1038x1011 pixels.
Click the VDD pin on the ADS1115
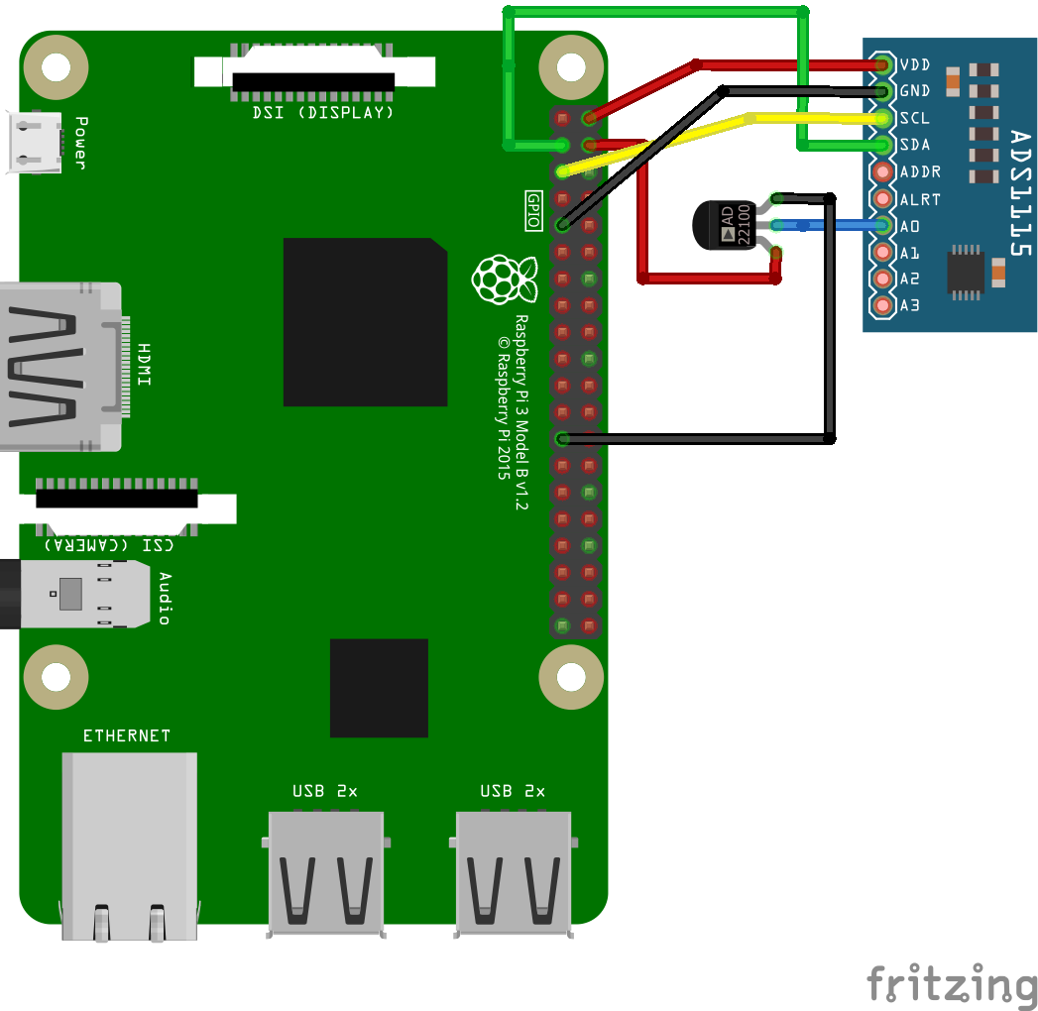coord(882,65)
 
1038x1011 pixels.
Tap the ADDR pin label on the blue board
coord(919,172)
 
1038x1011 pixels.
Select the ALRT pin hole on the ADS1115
coord(882,199)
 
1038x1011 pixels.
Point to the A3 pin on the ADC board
coord(882,305)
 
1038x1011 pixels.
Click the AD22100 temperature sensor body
coord(724,226)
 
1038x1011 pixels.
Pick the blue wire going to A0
coord(843,226)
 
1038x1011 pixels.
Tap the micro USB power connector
coord(36,142)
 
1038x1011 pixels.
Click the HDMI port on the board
coord(59,367)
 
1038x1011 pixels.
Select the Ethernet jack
coord(129,842)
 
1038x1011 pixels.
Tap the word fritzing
coord(952,985)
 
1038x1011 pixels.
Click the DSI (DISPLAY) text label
coord(323,112)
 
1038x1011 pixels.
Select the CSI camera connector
coord(119,501)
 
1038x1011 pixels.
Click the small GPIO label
coord(532,211)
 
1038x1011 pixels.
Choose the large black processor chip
coord(365,322)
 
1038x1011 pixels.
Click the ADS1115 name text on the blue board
coord(1021,193)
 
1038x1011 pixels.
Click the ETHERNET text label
coord(127,735)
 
